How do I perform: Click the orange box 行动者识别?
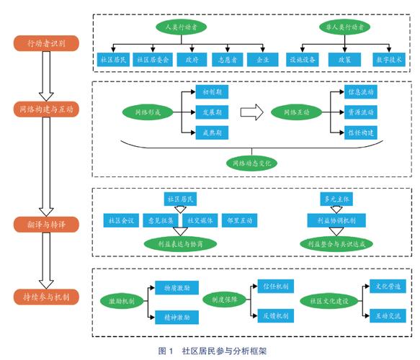click(45, 43)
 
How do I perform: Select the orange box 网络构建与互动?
click(45, 109)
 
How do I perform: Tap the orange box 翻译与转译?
click(45, 224)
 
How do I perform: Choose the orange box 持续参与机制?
click(45, 296)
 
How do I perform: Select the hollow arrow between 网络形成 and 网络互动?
click(250, 112)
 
